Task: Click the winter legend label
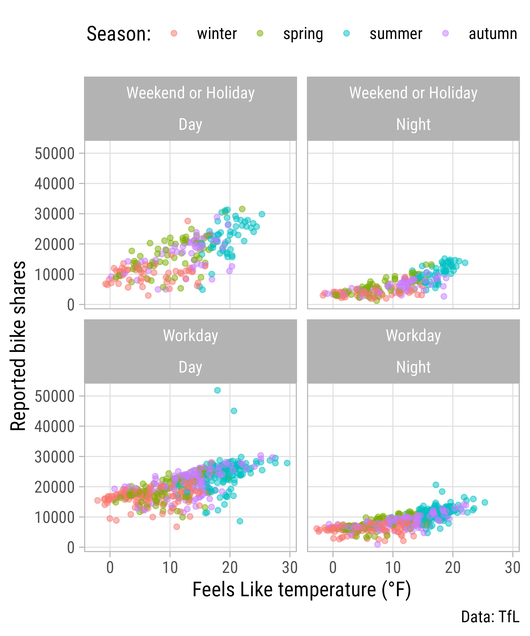[217, 34]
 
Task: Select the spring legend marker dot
[260, 33]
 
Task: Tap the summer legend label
[396, 34]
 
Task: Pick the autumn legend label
[493, 34]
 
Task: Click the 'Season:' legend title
[119, 34]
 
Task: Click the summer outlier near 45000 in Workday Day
[234, 411]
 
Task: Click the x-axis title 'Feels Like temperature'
[302, 590]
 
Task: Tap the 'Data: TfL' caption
[490, 617]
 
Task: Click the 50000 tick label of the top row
[55, 153]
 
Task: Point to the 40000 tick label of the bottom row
[55, 426]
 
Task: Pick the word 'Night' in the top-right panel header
[413, 124]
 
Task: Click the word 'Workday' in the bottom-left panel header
[191, 335]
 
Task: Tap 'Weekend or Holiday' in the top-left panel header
[191, 93]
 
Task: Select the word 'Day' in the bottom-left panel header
[191, 367]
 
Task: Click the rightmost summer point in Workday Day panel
[287, 463]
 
